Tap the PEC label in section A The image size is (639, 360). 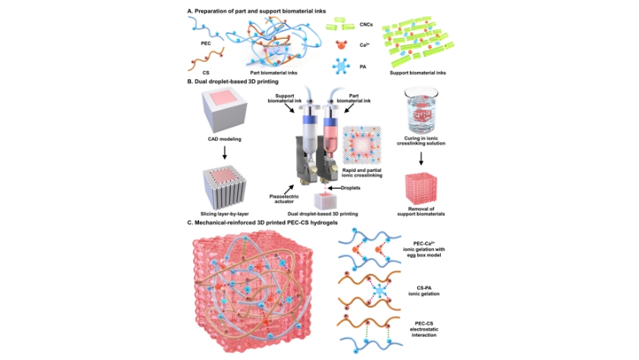point(206,43)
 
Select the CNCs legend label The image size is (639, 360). point(367,24)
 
